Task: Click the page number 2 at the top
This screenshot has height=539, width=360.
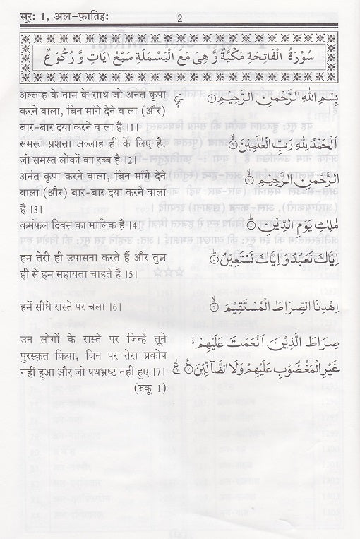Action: (x=179, y=18)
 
